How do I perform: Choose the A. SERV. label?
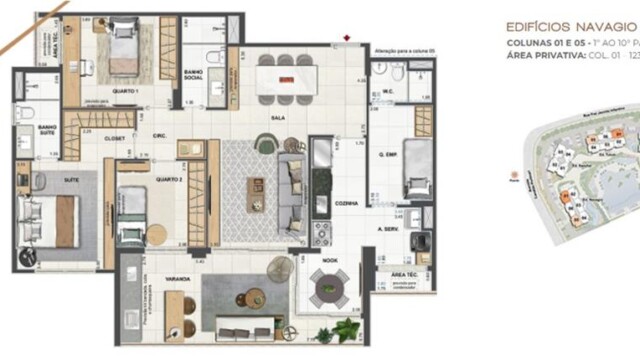pos(389,229)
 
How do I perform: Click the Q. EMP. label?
pos(388,154)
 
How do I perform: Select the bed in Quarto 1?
pos(122,45)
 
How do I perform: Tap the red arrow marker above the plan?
pos(345,38)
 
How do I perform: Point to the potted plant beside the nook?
pos(347,327)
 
